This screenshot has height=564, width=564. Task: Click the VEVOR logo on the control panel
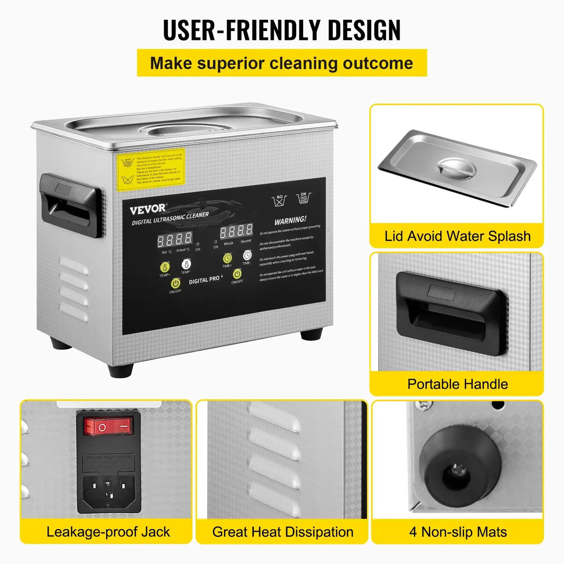(148, 208)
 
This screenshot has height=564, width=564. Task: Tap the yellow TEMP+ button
(165, 266)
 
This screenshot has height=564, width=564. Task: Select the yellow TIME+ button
(227, 258)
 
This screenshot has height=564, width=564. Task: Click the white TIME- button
(247, 255)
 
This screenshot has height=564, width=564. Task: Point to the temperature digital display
(174, 240)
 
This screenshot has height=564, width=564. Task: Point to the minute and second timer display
(236, 231)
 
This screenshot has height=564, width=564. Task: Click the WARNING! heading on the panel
(290, 219)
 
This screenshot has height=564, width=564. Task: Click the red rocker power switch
(108, 426)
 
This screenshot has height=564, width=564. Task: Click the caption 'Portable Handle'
(457, 384)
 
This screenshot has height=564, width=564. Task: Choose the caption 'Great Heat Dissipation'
(282, 532)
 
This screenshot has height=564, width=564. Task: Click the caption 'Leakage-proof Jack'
(108, 532)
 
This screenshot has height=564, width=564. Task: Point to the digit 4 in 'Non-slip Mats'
(413, 532)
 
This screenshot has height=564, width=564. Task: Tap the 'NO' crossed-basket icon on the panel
(280, 201)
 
